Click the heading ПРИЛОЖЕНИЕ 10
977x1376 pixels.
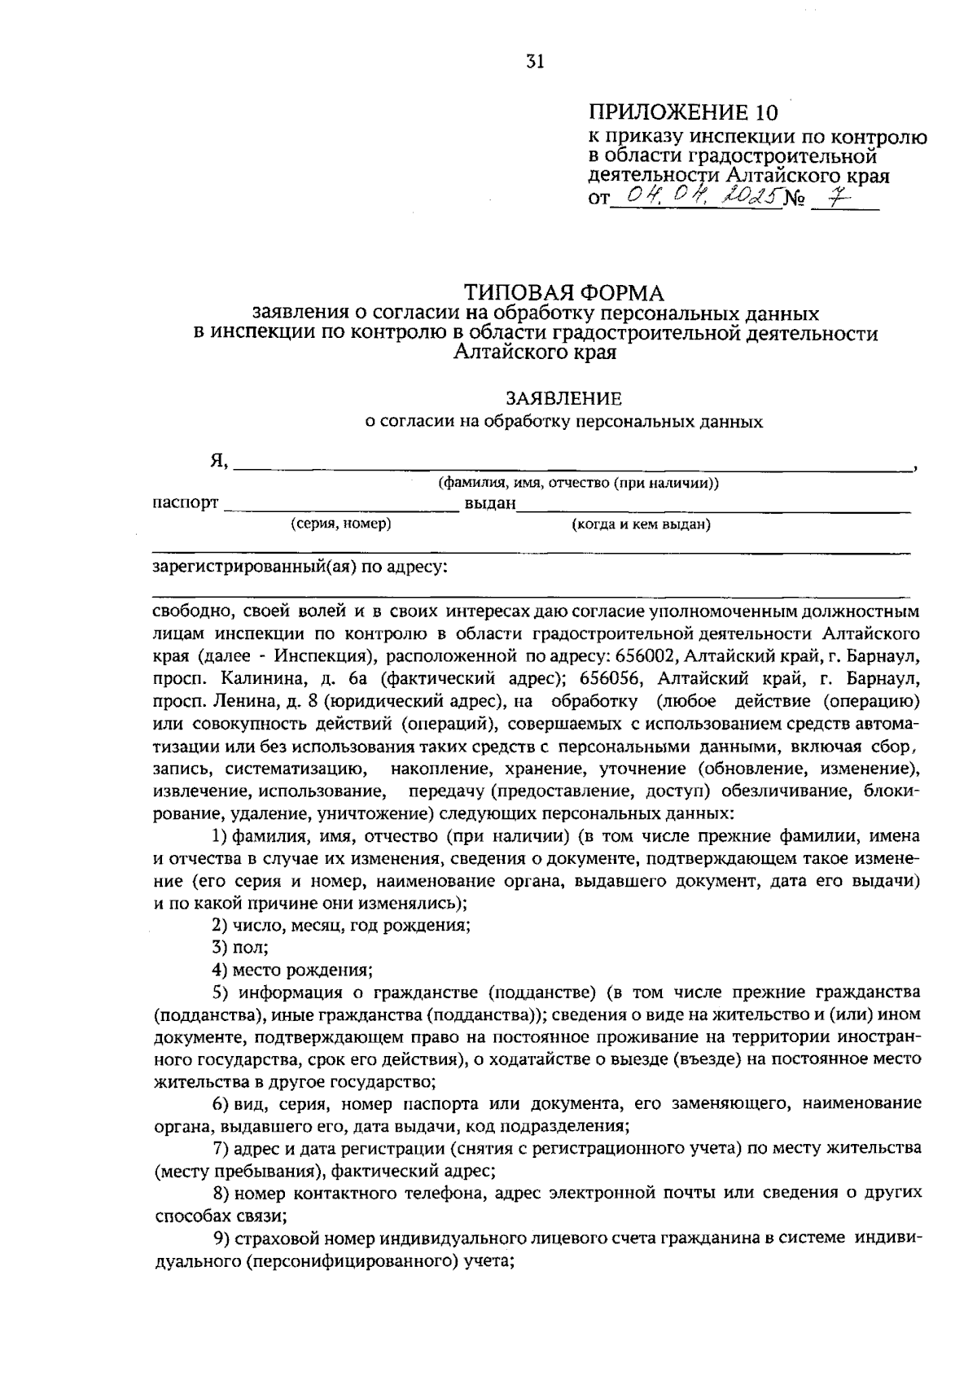click(684, 112)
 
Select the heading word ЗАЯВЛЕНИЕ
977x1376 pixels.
click(563, 399)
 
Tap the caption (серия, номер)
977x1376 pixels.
click(341, 524)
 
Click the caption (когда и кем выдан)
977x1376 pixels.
click(642, 525)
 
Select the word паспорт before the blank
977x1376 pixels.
click(186, 503)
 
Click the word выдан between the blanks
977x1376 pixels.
click(490, 504)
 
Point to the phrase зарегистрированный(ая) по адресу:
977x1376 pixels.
click(300, 567)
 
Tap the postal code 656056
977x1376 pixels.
click(612, 678)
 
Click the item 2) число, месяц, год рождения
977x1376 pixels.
click(341, 926)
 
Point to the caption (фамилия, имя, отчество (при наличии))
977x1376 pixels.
click(579, 484)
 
